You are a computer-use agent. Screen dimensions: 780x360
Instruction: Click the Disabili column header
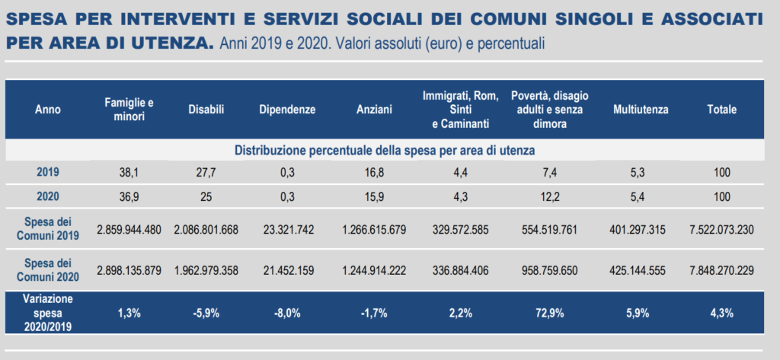206,110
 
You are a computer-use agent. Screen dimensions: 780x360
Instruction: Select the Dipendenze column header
287,110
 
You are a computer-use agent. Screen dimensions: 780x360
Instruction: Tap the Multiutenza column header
641,110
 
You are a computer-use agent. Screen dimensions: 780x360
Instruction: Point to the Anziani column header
374,110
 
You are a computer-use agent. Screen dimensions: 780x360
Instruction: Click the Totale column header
722,110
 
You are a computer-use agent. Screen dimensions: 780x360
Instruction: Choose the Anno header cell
48,110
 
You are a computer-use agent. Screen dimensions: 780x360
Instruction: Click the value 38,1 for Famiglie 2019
129,173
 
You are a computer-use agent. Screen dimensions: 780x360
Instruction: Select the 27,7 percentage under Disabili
206,173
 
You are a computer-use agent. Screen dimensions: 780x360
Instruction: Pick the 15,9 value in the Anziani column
374,196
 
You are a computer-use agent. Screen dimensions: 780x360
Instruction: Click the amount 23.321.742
287,230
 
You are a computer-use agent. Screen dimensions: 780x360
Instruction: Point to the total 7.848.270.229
722,270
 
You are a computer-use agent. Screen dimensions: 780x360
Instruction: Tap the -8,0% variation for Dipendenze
287,314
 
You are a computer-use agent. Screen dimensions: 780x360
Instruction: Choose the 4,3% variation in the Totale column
722,314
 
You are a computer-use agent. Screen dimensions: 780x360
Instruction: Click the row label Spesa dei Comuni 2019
48,229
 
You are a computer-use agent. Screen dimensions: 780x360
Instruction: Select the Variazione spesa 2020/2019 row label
48,313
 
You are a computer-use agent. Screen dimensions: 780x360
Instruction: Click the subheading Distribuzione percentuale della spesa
385,150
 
